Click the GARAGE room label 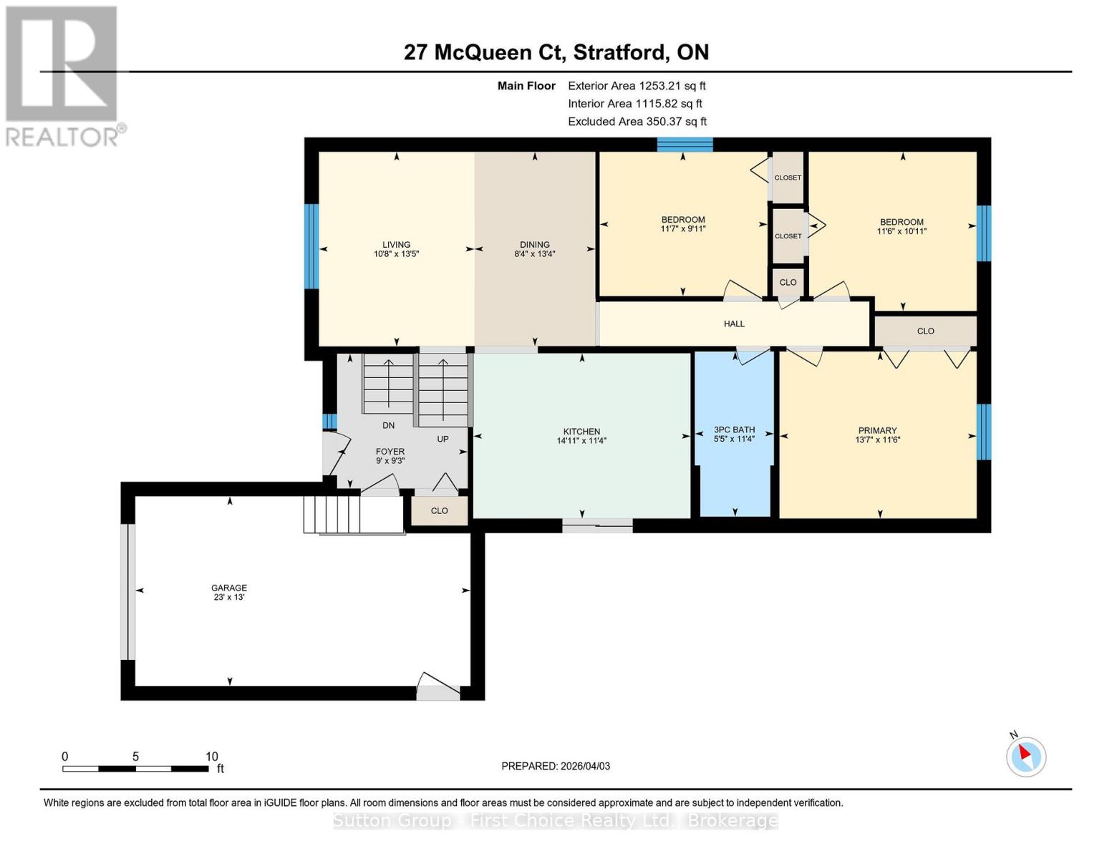click(x=229, y=588)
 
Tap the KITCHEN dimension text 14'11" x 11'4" click(x=581, y=441)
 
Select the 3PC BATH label click(x=734, y=429)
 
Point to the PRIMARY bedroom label click(x=877, y=431)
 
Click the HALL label click(x=734, y=324)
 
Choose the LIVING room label click(x=396, y=244)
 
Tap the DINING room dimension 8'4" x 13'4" click(x=535, y=254)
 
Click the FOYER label click(x=390, y=452)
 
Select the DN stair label click(x=388, y=425)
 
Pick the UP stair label click(x=443, y=439)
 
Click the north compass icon click(x=1025, y=756)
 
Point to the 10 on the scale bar click(x=211, y=757)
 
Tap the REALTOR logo click(x=63, y=75)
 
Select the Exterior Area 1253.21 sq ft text click(x=637, y=86)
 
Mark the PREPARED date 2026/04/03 click(x=556, y=766)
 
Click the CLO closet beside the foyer click(x=439, y=511)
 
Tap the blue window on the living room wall click(x=311, y=246)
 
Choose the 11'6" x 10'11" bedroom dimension click(x=901, y=231)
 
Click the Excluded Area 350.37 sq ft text click(x=637, y=122)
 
